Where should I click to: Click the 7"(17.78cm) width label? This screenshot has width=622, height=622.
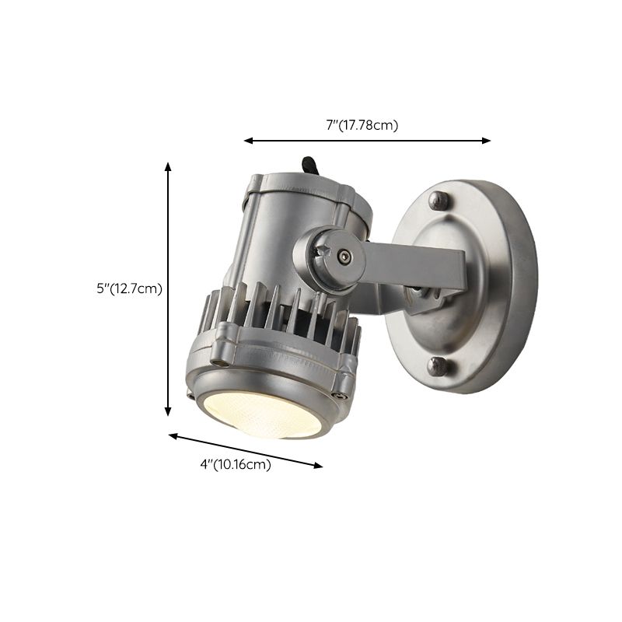pos(362,125)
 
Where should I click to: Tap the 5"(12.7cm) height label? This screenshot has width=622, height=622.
pos(129,288)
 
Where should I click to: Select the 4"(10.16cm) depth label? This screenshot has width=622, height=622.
pos(236,465)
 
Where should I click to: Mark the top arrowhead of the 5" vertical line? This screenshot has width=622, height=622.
pos(168,166)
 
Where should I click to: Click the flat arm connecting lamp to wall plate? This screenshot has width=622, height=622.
pos(420,264)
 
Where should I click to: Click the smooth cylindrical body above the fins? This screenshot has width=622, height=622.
pos(272,233)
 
